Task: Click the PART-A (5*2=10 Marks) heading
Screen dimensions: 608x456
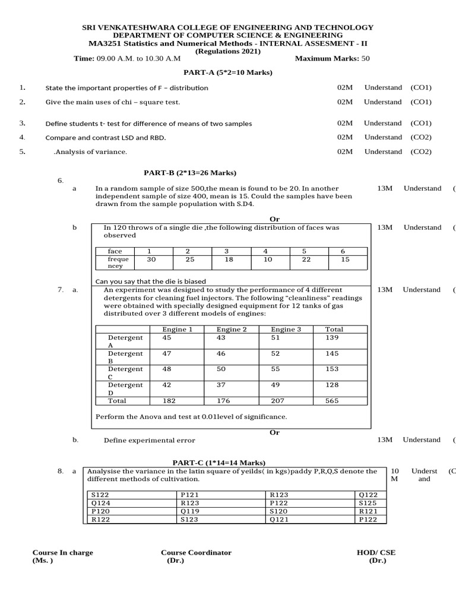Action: click(228, 72)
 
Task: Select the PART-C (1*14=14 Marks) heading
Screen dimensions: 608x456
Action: click(219, 463)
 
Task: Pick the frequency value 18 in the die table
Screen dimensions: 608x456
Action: click(230, 259)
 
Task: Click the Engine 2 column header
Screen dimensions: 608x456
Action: click(232, 329)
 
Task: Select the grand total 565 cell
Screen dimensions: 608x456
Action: click(332, 401)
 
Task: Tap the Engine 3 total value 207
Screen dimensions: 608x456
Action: click(278, 401)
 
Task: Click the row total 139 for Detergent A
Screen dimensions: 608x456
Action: click(332, 337)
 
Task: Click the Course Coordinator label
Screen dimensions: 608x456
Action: click(197, 552)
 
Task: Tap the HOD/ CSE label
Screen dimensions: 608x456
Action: click(375, 552)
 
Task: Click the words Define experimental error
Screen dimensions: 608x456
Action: click(149, 440)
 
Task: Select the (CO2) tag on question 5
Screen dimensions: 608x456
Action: click(421, 151)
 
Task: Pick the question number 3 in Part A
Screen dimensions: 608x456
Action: click(22, 123)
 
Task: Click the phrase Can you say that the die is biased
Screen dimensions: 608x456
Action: click(151, 281)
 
